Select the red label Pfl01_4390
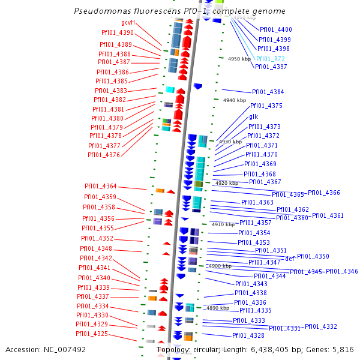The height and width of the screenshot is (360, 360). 118,32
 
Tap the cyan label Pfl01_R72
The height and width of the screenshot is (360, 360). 270,59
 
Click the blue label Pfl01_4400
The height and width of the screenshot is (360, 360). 276,29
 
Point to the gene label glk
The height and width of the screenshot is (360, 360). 253,116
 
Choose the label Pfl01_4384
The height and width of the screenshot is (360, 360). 268,92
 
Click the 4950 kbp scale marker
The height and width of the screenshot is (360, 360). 239,59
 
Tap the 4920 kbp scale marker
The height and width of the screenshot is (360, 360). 227,183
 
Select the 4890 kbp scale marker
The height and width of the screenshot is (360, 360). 218,308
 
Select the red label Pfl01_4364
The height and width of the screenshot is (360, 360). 101,187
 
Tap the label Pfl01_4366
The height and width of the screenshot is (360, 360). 324,193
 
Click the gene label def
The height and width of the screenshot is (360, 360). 290,258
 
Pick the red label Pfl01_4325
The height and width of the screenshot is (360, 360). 92,334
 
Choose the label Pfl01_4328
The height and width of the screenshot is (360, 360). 248,335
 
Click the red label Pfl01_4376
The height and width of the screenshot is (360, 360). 104,155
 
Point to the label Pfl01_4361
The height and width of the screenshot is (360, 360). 328,215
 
